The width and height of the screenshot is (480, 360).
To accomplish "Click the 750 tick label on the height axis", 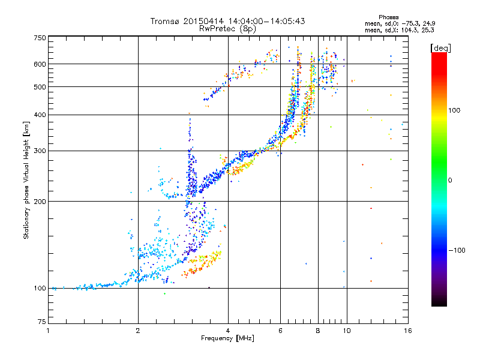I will pyautogui.click(x=40, y=38).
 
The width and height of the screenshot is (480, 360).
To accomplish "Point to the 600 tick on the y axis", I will pyautogui.click(x=40, y=64).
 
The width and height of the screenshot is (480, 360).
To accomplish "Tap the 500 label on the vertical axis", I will pyautogui.click(x=40, y=86).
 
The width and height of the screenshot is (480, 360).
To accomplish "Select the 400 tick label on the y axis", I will pyautogui.click(x=40, y=115).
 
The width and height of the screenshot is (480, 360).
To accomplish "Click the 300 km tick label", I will pyautogui.click(x=40, y=151).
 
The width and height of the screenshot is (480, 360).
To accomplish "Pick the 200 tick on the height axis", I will pyautogui.click(x=40, y=201).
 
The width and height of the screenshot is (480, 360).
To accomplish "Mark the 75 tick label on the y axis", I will pyautogui.click(x=42, y=320).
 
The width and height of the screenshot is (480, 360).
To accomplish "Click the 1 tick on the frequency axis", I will pyautogui.click(x=48, y=331).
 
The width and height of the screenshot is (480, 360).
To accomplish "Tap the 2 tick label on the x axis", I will pyautogui.click(x=138, y=331).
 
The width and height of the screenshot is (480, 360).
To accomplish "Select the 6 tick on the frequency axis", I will pyautogui.click(x=280, y=331).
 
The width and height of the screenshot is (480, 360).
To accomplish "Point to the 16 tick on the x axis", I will pyautogui.click(x=407, y=331).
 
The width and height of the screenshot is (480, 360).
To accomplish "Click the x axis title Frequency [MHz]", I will pyautogui.click(x=227, y=339).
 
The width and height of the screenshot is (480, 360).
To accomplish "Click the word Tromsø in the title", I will pyautogui.click(x=166, y=21).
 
